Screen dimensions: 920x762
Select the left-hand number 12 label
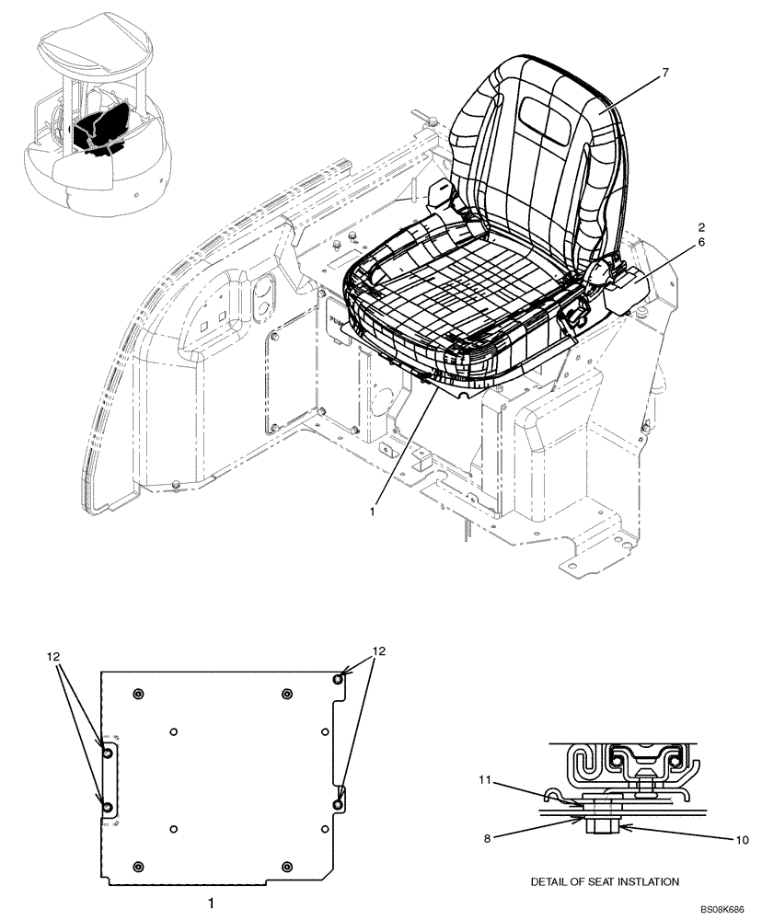click(55, 657)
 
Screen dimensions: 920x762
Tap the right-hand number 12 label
click(377, 650)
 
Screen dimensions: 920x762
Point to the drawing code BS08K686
click(724, 909)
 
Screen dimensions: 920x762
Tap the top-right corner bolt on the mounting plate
click(339, 678)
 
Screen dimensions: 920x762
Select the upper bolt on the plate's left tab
click(108, 753)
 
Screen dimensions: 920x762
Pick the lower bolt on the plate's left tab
click(108, 806)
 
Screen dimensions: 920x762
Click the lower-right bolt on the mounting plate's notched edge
click(338, 804)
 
